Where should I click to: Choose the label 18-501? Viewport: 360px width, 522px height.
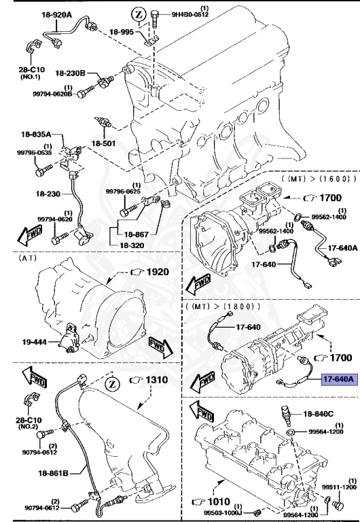click(104, 144)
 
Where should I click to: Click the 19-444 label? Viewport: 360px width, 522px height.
click(33, 343)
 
